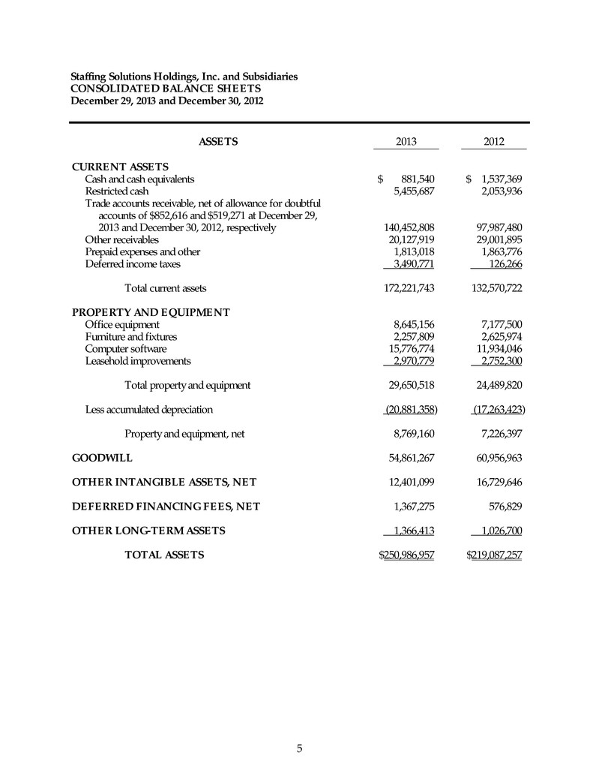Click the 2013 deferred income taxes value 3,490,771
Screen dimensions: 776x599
click(410, 263)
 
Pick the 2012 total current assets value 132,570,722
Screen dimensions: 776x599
click(494, 287)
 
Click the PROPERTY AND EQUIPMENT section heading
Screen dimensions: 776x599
click(150, 312)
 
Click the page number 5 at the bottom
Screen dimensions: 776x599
click(299, 747)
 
